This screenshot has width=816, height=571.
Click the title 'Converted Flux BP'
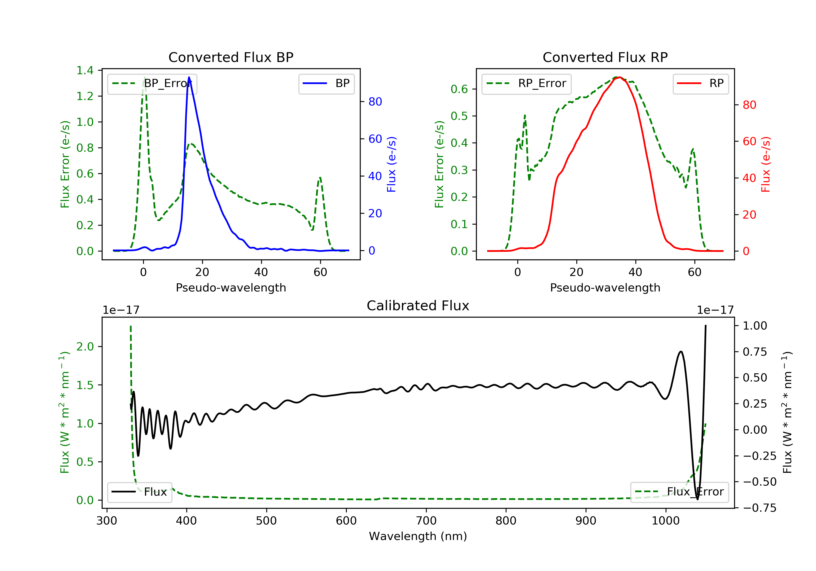pos(231,57)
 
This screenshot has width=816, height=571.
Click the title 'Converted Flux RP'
pos(605,57)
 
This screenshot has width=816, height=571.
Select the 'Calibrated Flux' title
pos(418,306)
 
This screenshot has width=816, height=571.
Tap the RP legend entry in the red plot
pos(700,83)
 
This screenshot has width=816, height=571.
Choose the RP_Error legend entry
pos(526,83)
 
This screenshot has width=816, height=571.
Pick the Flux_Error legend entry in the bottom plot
pos(679,492)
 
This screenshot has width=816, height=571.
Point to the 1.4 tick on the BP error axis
pos(85,70)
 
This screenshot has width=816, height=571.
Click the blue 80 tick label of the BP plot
pos(375,102)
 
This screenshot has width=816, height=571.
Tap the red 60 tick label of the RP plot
pos(750,141)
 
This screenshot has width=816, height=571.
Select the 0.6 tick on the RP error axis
pos(459,89)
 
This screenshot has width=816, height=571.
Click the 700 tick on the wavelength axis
pos(426,521)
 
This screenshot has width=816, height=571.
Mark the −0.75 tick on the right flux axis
pos(759,508)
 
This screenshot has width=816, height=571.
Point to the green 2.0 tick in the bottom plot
pos(85,346)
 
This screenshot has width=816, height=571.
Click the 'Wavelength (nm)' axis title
pos(418,536)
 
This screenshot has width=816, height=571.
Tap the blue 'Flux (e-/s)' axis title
pos(391,164)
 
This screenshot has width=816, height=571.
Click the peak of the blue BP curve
pos(189,77)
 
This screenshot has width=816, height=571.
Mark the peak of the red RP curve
pos(619,77)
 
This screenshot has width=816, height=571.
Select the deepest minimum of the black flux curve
pos(697,499)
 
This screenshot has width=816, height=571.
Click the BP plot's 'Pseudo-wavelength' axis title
pos(231,287)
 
